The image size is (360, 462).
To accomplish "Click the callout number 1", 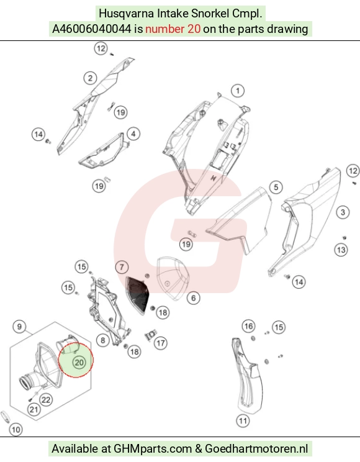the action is (x=238, y=91).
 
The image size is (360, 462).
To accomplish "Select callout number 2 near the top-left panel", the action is (x=90, y=78).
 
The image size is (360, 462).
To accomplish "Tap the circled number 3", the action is (x=343, y=212).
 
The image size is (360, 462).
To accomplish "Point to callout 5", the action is (x=276, y=187).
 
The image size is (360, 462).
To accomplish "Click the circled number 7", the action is (x=122, y=267).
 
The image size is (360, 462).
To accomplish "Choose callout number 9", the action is (x=19, y=327).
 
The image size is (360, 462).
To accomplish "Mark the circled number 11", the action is (x=243, y=421).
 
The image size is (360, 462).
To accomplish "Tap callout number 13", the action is (x=341, y=250).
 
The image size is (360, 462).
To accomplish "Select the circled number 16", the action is (x=248, y=326).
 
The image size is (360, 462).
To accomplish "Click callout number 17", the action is (x=161, y=343).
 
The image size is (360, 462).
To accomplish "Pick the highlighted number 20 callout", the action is (x=79, y=362).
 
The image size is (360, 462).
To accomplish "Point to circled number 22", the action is (x=46, y=400).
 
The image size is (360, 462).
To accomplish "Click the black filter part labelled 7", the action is (x=137, y=294).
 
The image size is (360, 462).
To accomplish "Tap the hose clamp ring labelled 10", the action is (x=5, y=416).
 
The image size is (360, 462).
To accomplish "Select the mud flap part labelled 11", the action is (x=246, y=376).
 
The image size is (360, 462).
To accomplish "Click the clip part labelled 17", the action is (x=150, y=335).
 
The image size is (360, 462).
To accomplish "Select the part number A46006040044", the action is (x=92, y=29).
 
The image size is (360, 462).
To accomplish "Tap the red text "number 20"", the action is (x=173, y=29).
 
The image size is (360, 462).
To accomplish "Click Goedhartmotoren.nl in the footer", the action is (x=256, y=449).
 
